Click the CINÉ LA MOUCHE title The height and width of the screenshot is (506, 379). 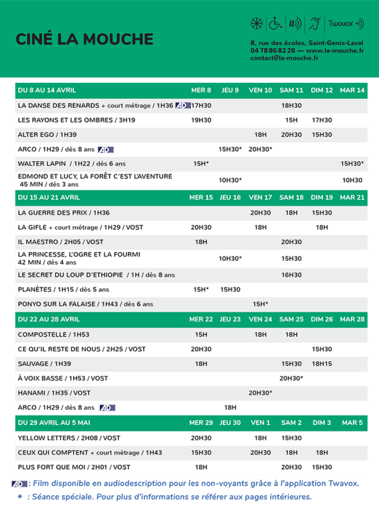(x=84, y=39)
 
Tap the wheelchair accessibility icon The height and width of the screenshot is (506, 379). (x=275, y=23)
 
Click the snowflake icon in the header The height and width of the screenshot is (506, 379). (x=256, y=23)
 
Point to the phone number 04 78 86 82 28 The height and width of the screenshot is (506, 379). (x=273, y=50)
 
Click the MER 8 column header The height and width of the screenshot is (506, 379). (x=201, y=90)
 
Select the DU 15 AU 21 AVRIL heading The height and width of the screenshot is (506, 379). (x=48, y=198)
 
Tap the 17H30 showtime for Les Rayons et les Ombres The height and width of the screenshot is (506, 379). (x=322, y=120)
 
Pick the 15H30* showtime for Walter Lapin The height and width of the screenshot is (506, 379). (x=352, y=164)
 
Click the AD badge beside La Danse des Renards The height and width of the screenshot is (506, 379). (x=182, y=105)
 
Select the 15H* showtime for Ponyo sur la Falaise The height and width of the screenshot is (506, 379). (x=261, y=304)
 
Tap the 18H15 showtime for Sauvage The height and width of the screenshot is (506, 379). (x=322, y=364)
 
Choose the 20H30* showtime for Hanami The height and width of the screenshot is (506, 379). (x=261, y=393)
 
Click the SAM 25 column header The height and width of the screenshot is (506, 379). (x=291, y=319)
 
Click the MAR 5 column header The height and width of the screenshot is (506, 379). (x=352, y=423)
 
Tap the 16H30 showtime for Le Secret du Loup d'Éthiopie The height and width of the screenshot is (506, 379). (x=291, y=275)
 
